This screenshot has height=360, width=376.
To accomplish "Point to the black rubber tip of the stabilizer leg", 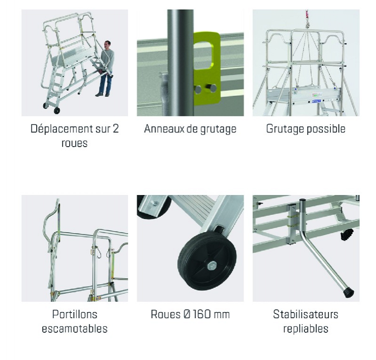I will click(x=348, y=292).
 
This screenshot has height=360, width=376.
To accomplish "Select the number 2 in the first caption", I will click(x=116, y=129).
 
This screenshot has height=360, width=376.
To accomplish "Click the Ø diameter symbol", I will click(x=182, y=314).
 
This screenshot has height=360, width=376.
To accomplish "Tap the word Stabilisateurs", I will click(x=305, y=314).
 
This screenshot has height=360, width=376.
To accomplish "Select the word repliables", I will click(x=305, y=329).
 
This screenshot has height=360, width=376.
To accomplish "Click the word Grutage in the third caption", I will click(x=285, y=129).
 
